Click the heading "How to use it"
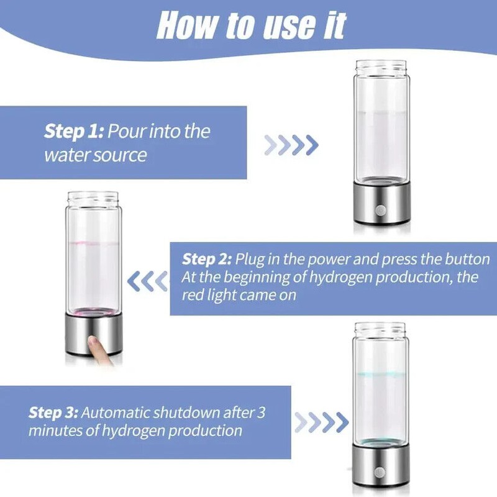pos(251,25)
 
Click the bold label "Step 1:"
pos(73,132)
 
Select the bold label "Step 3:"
pos(53,412)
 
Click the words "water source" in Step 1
pos(95,155)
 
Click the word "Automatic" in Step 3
pos(116,412)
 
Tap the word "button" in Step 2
pos(466,259)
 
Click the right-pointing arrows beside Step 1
pos(291,145)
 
